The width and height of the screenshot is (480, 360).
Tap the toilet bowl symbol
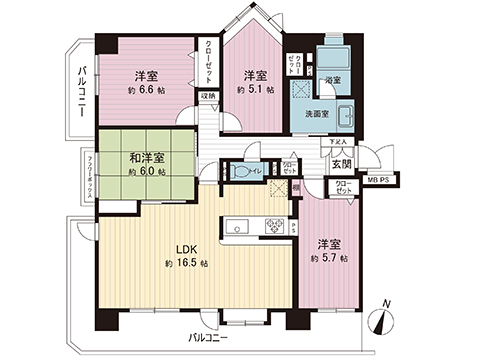point(239,172)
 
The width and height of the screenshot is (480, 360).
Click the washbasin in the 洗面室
point(343,113)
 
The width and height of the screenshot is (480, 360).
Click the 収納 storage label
point(207,96)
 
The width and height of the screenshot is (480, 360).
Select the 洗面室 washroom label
point(318,113)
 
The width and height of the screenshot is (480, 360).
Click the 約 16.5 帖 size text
point(187,264)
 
